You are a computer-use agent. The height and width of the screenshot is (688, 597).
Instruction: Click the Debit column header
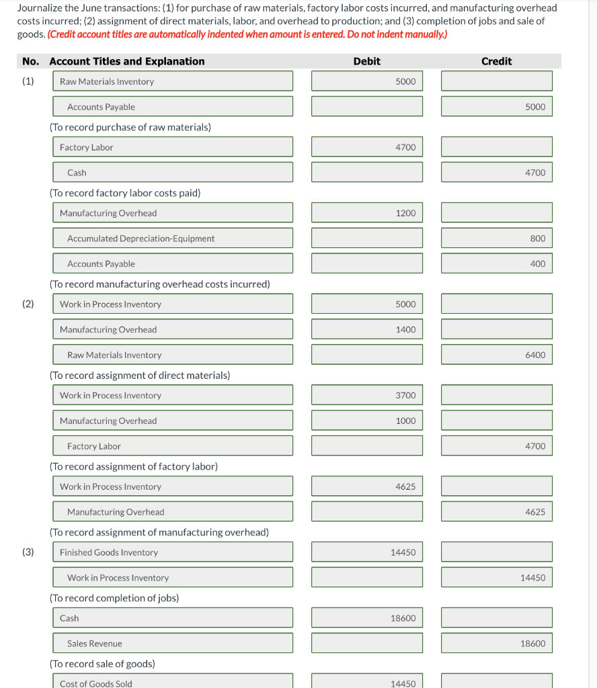pyautogui.click(x=366, y=61)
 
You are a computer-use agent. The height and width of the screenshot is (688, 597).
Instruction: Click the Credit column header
pyautogui.click(x=496, y=61)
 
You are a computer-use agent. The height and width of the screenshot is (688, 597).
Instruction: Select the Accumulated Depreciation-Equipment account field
pyautogui.click(x=173, y=239)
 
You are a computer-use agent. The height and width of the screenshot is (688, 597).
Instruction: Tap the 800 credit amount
pyautogui.click(x=497, y=239)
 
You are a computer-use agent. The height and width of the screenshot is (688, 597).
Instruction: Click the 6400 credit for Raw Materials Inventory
pyautogui.click(x=497, y=355)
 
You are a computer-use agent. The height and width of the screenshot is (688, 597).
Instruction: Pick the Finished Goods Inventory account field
pyautogui.click(x=173, y=552)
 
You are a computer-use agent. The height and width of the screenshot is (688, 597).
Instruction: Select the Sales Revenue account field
pyautogui.click(x=173, y=644)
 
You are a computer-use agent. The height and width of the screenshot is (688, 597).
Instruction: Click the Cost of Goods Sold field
pyautogui.click(x=173, y=682)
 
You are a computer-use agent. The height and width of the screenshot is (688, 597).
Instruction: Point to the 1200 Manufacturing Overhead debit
pyautogui.click(x=367, y=213)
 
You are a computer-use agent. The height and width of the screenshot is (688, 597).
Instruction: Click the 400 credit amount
pyautogui.click(x=497, y=264)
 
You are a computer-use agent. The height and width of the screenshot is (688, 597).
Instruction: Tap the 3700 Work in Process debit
pyautogui.click(x=367, y=396)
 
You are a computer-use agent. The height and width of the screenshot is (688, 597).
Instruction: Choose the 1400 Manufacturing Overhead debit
pyautogui.click(x=367, y=330)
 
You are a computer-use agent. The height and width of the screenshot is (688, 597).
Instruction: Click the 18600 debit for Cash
pyautogui.click(x=367, y=618)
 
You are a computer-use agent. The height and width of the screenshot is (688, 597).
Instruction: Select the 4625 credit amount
pyautogui.click(x=497, y=512)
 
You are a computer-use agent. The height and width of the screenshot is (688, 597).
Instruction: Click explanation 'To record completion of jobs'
pyautogui.click(x=114, y=598)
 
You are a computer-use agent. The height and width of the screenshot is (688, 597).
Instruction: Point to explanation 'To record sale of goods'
pyautogui.click(x=102, y=664)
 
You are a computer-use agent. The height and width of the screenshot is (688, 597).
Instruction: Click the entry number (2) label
pyautogui.click(x=28, y=304)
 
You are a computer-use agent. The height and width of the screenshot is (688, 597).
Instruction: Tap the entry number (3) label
pyautogui.click(x=28, y=552)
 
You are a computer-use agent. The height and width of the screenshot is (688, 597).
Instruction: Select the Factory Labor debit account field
pyautogui.click(x=173, y=147)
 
